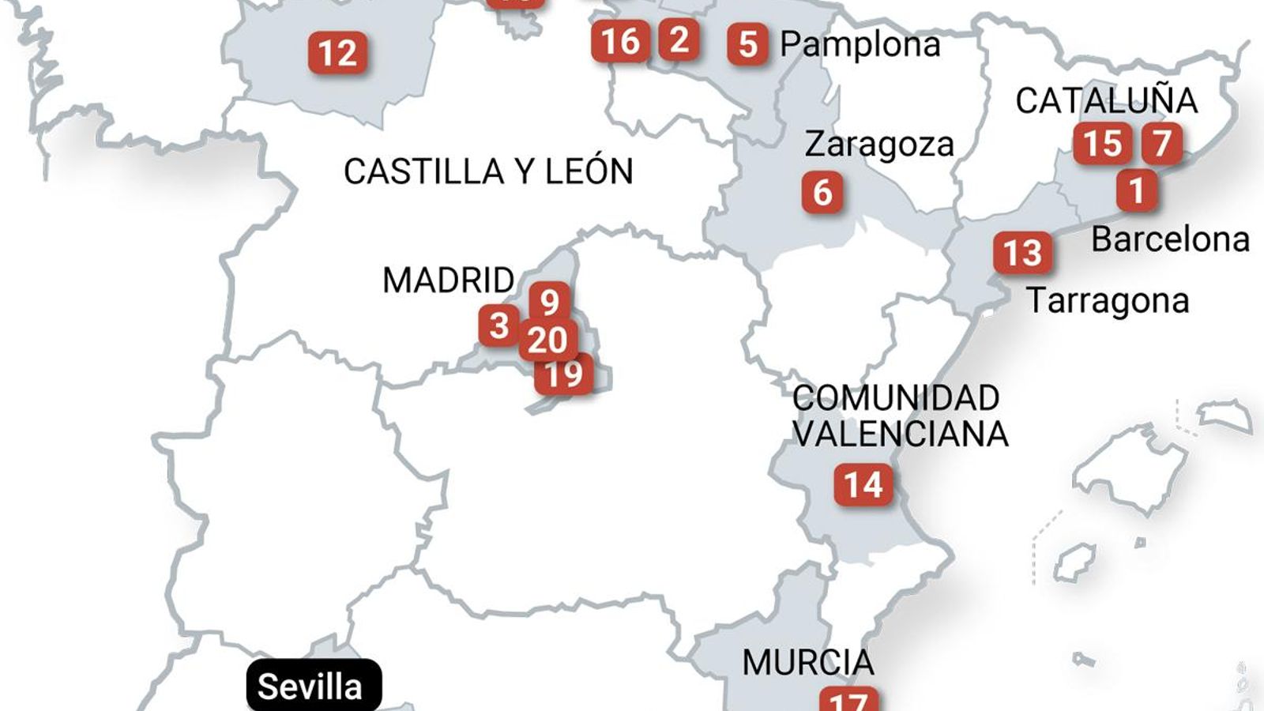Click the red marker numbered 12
pos(337,53)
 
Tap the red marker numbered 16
pos(620,41)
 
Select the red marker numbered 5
pos(747,44)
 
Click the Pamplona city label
pos(860,44)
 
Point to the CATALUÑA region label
pos(1106,100)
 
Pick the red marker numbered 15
pos(1102,143)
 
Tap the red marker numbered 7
pos(1161,143)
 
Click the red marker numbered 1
pos(1137,190)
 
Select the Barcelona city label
pos(1170,239)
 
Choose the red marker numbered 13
pos(1022,253)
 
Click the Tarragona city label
pos(1108,301)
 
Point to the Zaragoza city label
pos(879,145)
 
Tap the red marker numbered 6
pos(822,192)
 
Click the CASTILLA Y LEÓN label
pos(488,171)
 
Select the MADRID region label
pos(448,280)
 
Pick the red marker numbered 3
pos(498,325)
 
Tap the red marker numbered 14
pos(863,484)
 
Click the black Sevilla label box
pos(314,686)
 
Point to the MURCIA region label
pos(807,662)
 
